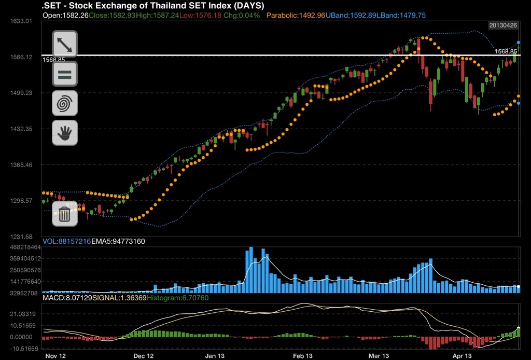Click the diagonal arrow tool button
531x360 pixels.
[x=65, y=44]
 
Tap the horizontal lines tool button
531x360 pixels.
[x=65, y=74]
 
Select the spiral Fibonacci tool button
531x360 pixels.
[x=65, y=103]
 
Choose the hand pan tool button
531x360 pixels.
[x=65, y=133]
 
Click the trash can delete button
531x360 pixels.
[x=65, y=214]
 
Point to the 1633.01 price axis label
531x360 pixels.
[x=21, y=21]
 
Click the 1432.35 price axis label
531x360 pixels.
[x=21, y=129]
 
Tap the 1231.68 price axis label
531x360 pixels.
[x=21, y=237]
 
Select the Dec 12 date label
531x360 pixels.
[x=144, y=356]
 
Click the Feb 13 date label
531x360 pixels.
[x=303, y=356]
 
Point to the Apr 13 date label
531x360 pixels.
[x=462, y=356]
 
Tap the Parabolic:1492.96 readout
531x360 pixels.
[x=296, y=16]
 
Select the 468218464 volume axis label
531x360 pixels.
[x=21, y=247]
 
